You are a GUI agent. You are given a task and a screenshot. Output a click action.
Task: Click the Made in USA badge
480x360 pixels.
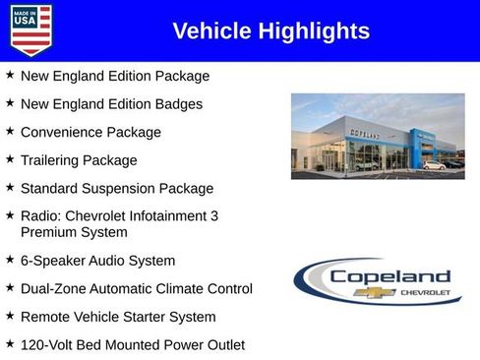(30, 30)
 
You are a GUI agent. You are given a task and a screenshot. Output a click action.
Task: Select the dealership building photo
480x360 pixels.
(377, 136)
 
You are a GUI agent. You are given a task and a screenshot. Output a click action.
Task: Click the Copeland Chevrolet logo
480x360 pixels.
(378, 281)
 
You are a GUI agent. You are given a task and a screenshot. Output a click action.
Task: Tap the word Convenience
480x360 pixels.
(62, 133)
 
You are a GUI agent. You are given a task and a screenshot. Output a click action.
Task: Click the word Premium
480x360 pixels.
(49, 233)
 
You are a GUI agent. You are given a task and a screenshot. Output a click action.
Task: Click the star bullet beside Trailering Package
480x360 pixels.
(9, 159)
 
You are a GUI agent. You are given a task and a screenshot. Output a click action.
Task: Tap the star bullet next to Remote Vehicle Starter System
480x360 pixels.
(9, 316)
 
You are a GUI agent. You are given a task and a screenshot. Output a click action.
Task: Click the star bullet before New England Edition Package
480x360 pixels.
(9, 75)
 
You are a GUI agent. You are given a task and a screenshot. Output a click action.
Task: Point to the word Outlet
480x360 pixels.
(221, 345)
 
